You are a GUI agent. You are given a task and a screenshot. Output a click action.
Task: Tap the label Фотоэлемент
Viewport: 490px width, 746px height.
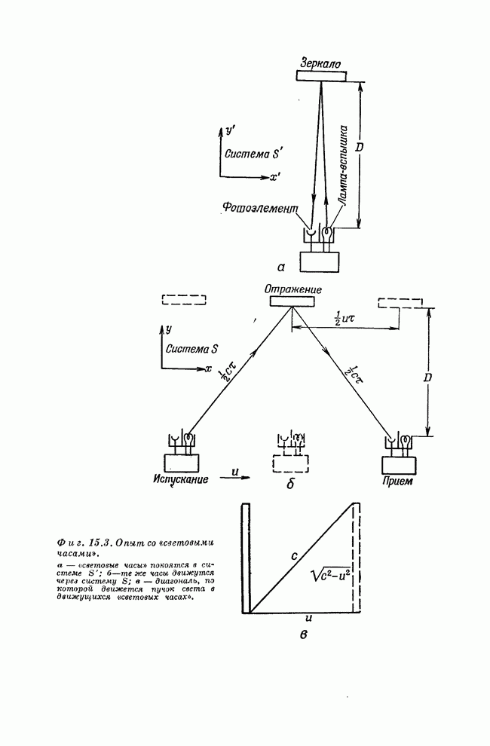262,207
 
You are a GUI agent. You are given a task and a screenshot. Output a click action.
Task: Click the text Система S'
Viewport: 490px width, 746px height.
250,154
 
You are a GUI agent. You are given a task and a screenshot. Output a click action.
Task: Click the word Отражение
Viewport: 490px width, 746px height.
292,289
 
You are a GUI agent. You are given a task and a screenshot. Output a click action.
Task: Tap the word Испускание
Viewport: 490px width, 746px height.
181,480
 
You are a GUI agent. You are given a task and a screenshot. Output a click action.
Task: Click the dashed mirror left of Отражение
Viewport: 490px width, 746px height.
184,300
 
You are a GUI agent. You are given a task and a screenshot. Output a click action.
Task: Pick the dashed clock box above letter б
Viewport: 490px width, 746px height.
289,461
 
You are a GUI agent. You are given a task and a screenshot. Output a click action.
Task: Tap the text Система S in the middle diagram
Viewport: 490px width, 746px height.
193,349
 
